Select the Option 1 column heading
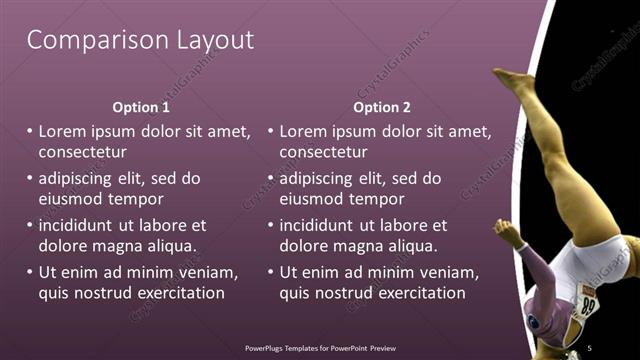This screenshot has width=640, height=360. [141, 107]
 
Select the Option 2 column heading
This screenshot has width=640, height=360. [383, 107]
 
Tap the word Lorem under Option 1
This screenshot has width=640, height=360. [61, 131]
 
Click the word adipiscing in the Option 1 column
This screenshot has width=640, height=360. [81, 179]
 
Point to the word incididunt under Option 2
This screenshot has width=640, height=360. [320, 225]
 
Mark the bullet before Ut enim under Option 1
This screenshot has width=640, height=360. [29, 273]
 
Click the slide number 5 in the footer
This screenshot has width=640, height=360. [590, 347]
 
